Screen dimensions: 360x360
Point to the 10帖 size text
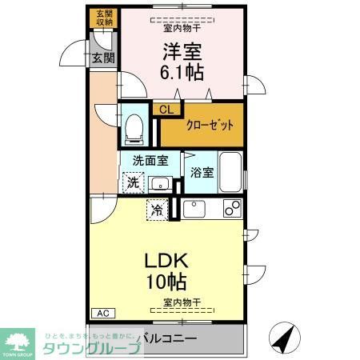[x=166, y=282]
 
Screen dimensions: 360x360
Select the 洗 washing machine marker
[x=133, y=182]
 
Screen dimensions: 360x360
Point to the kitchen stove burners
[x=232, y=210]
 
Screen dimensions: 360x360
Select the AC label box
[x=102, y=312]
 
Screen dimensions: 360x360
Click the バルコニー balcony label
[x=167, y=338]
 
